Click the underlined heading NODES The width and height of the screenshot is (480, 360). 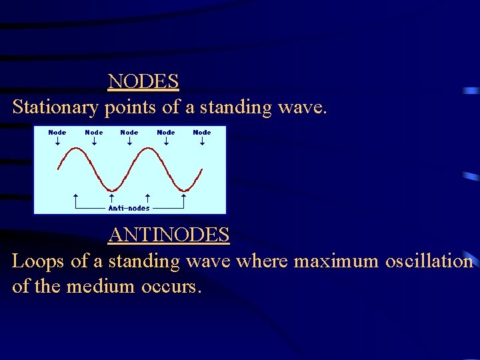[143, 81]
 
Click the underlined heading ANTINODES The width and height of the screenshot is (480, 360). [169, 235]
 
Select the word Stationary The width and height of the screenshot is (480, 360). [55, 107]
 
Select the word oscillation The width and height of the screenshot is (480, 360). [429, 261]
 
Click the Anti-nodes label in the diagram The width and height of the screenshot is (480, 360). [129, 208]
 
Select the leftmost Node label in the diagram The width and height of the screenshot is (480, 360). [57, 132]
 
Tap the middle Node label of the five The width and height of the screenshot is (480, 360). [129, 132]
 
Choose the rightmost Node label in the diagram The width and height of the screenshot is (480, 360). [202, 132]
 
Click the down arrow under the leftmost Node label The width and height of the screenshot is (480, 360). [57, 141]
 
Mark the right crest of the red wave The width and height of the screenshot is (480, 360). [147, 149]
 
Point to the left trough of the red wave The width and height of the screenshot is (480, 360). [111, 189]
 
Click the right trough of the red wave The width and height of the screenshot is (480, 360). [183, 189]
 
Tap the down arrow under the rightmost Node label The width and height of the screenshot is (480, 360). [202, 141]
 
